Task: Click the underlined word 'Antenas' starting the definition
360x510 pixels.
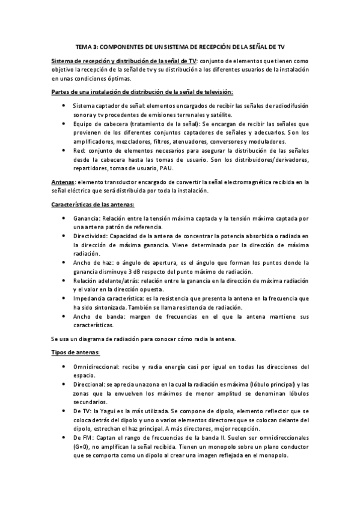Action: tap(63, 181)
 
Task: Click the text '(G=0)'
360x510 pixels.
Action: tap(82, 447)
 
